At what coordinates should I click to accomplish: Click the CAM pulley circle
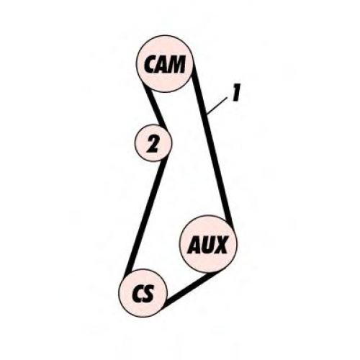(x=164, y=63)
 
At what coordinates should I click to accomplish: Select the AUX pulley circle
(x=208, y=244)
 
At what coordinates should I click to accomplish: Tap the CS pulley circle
(x=143, y=293)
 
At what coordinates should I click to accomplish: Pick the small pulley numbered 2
(x=153, y=143)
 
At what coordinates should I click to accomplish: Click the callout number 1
(x=236, y=92)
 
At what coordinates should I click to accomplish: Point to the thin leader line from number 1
(x=217, y=105)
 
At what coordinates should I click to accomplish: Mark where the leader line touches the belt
(x=207, y=113)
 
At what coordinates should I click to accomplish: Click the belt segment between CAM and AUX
(x=212, y=144)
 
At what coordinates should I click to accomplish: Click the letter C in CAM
(x=150, y=64)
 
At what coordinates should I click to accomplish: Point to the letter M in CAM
(x=177, y=64)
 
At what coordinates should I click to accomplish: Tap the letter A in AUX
(x=195, y=245)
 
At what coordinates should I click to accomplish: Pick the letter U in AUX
(x=208, y=245)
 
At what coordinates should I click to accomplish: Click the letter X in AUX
(x=220, y=245)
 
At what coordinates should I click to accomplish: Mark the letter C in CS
(x=138, y=294)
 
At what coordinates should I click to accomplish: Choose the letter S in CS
(x=148, y=294)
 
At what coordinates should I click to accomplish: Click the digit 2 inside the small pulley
(x=153, y=144)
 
